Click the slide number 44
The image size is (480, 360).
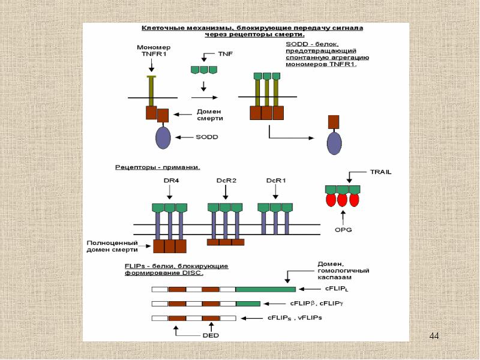(x=434, y=335)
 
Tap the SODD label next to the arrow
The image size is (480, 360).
(x=207, y=137)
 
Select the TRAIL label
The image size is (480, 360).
(x=381, y=172)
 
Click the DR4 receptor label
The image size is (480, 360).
(x=169, y=181)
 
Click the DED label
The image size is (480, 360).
(x=211, y=335)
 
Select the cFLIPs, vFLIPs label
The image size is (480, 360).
(x=295, y=317)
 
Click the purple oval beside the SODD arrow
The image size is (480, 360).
(x=163, y=137)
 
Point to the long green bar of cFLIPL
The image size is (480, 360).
(x=265, y=289)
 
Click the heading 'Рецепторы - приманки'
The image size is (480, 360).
(x=157, y=166)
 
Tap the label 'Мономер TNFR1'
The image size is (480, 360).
(x=154, y=50)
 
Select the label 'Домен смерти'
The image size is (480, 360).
(x=210, y=115)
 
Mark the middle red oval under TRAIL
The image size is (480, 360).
(x=343, y=200)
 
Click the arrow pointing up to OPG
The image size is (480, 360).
(x=343, y=216)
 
